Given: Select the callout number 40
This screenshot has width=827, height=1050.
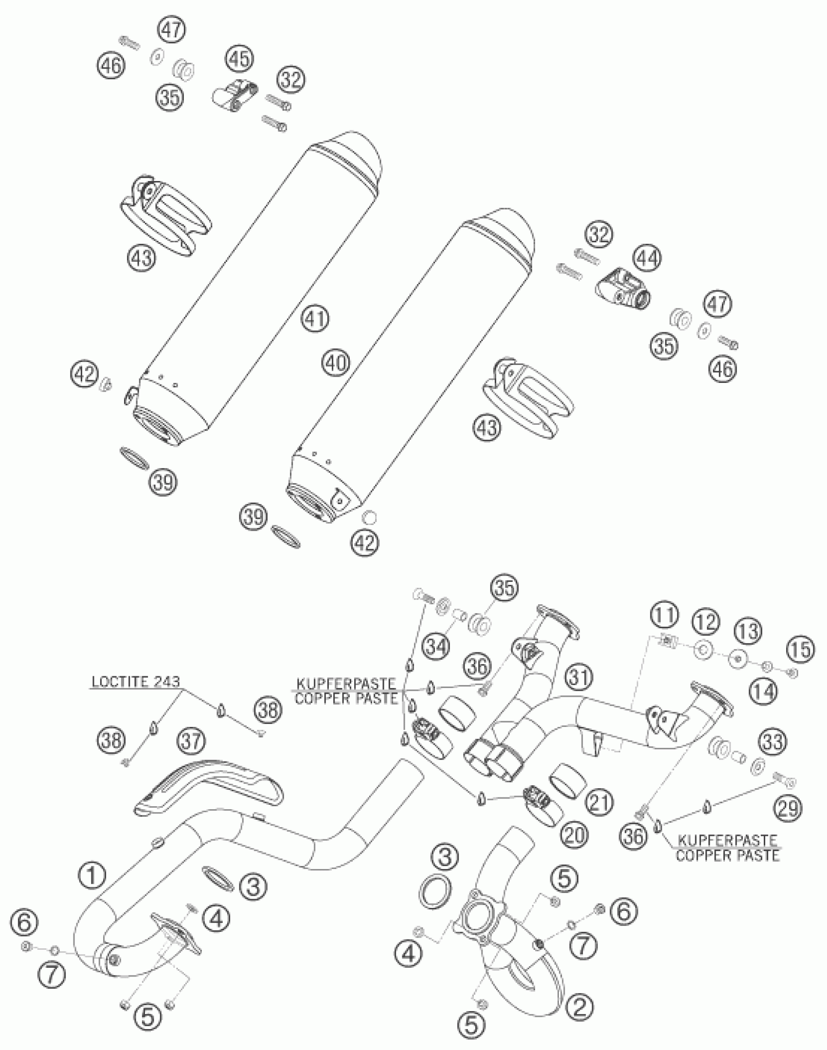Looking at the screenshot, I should tap(335, 363).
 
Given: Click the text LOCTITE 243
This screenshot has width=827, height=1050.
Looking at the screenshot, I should tap(136, 682).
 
